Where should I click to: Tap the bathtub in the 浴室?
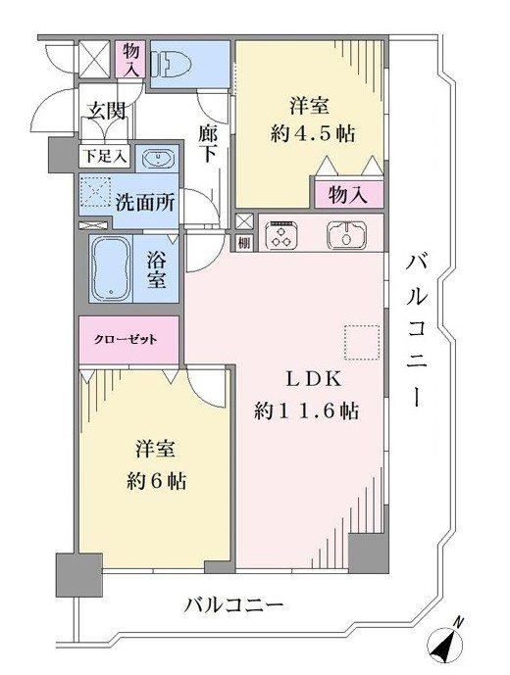click(x=110, y=268)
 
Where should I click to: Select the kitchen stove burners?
click(x=280, y=234)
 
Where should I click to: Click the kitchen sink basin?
click(x=346, y=234)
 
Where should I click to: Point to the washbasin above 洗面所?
click(x=157, y=158)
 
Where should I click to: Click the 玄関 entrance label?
click(x=107, y=111)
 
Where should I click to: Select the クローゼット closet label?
click(x=126, y=340)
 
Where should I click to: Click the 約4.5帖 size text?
click(x=313, y=134)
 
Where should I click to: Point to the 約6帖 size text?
click(x=157, y=480)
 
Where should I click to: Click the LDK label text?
click(x=314, y=379)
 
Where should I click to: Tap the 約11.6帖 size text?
click(x=307, y=410)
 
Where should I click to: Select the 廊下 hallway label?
click(x=208, y=143)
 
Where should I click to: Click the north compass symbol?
click(x=446, y=643)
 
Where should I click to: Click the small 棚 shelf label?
click(x=244, y=243)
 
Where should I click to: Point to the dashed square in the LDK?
click(x=362, y=342)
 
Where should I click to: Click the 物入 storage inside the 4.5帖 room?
click(x=348, y=195)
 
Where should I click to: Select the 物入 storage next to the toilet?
click(x=131, y=59)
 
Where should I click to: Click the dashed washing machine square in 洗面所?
click(x=95, y=192)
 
